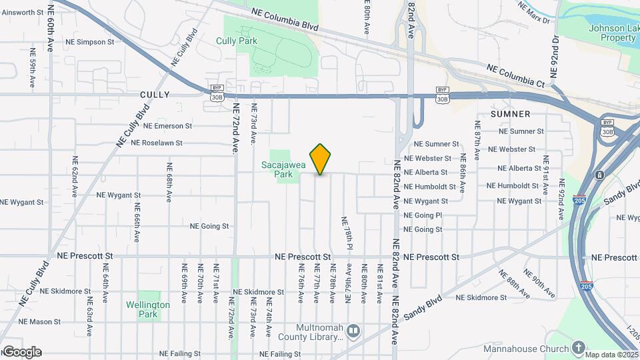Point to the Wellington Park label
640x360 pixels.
click(148, 309)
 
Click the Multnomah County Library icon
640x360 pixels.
click(354, 330)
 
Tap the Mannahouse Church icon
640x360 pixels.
click(578, 347)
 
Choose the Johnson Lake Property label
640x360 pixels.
click(612, 33)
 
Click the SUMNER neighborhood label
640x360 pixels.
click(510, 114)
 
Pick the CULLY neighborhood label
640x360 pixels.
click(155, 95)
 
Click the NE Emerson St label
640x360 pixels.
click(167, 125)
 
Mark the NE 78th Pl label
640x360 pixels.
click(347, 233)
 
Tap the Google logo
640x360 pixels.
click(21, 352)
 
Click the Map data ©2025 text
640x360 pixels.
click(612, 355)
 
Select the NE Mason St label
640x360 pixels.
click(40, 321)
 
